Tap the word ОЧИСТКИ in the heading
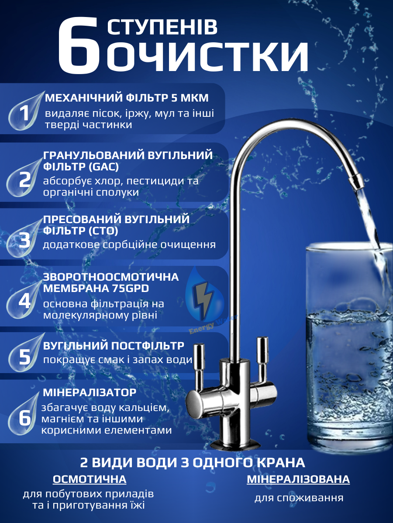pos(208,55)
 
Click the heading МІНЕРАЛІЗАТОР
pos(90,393)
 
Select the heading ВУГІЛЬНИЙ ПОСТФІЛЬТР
pos(114,346)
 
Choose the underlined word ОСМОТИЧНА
pos(90,479)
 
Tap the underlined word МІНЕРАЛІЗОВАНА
pos(298,479)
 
